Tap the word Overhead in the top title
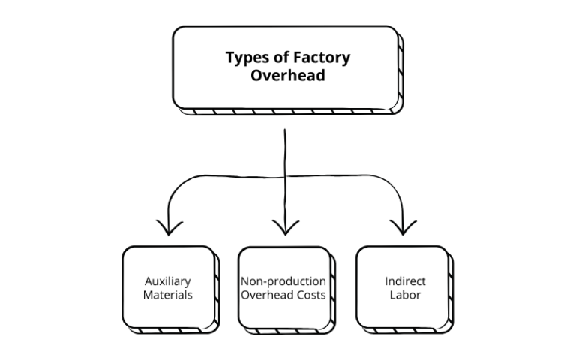(287, 76)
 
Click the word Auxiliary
(169, 281)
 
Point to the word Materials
(169, 295)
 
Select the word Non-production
(283, 281)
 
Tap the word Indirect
(405, 281)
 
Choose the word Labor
(405, 295)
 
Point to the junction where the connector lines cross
(286, 175)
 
